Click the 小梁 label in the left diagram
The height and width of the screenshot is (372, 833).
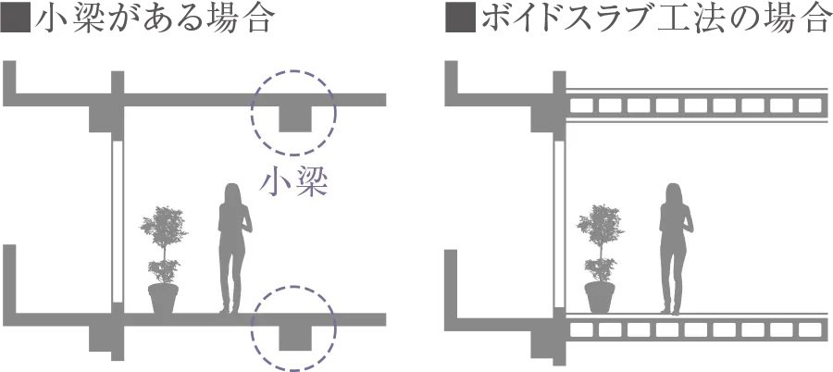pyautogui.click(x=294, y=182)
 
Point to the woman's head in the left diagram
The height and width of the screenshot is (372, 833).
pyautogui.click(x=232, y=193)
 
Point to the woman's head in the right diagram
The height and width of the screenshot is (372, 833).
pyautogui.click(x=673, y=193)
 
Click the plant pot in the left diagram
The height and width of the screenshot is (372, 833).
pyautogui.click(x=164, y=297)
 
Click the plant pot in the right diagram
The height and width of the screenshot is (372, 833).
pyautogui.click(x=600, y=297)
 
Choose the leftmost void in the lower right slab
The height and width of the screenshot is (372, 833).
pyautogui.click(x=580, y=329)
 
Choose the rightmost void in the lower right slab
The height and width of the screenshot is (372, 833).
pyautogui.click(x=809, y=329)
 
